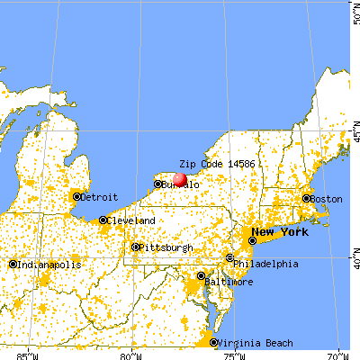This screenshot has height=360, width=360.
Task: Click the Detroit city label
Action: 101,196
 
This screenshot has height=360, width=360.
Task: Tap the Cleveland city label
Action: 131,220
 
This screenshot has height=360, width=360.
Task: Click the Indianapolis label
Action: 50,265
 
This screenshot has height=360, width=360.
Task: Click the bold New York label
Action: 285,232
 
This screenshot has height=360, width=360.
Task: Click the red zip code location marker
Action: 179,179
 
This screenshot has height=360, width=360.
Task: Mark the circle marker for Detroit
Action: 77,196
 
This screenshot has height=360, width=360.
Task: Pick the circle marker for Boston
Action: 306,199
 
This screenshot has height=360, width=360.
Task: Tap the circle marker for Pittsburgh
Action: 135,247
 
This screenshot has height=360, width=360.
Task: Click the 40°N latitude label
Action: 353,257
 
